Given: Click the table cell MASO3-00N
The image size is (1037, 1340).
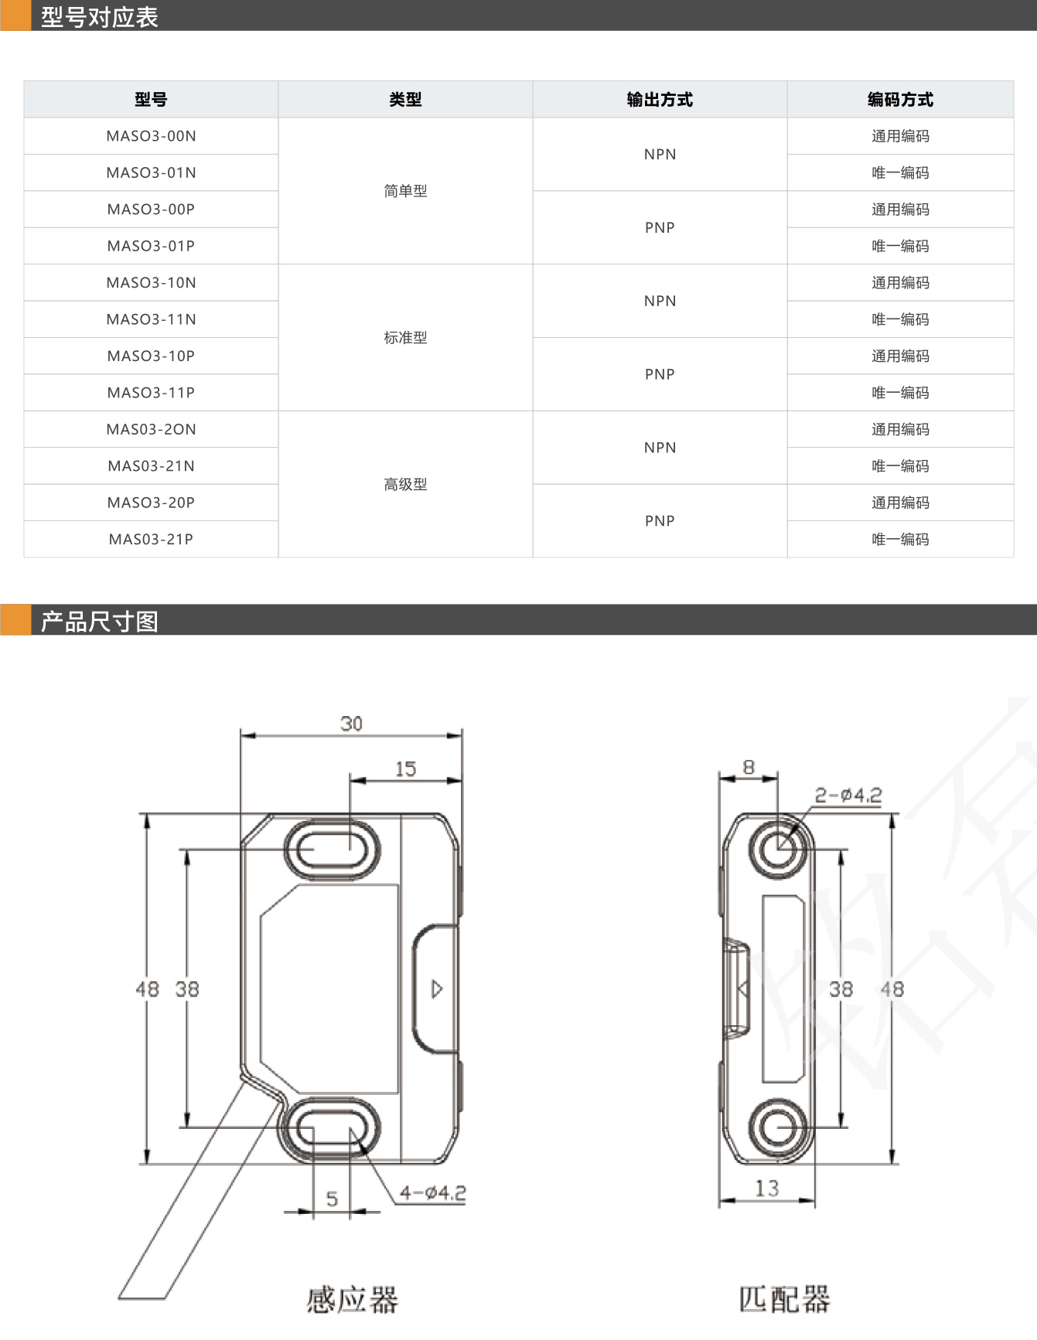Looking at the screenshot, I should coord(151,136).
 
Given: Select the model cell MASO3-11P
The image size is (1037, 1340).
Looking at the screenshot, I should coord(151,393).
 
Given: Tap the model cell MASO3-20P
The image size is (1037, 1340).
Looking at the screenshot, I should coord(151,503).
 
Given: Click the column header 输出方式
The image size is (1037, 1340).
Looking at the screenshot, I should coord(660,99).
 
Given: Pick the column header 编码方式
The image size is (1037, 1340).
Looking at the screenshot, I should coord(900,99).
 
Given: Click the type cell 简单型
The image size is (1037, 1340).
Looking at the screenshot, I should coord(405,191).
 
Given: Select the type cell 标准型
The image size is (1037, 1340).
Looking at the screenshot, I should coord(405,338).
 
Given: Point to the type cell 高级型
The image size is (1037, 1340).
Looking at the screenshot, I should coord(405,485).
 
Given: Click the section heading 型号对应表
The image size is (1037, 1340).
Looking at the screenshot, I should coord(99,17).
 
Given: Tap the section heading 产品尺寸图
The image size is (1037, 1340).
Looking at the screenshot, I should coord(99,621).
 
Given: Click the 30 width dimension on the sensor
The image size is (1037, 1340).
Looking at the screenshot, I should coord(351,724).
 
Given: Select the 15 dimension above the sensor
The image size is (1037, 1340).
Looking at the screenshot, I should coord(405,769).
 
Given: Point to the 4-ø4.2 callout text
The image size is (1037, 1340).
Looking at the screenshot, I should coord(432,1193).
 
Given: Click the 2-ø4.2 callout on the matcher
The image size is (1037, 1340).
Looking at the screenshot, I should coord(848,795).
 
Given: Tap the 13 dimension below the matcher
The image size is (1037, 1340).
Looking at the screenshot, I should coord(766,1188).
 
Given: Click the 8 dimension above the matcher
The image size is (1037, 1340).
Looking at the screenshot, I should coord(749,767).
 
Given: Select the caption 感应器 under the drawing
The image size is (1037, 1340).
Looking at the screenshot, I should coord(352,1300).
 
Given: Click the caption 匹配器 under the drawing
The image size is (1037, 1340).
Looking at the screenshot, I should coord(784,1299).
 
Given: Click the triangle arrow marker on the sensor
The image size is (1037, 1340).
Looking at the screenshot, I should coord(437,989).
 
